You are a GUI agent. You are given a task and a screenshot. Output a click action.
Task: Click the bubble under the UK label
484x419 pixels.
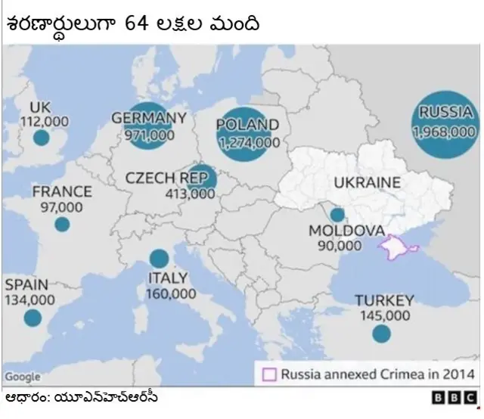(42, 138)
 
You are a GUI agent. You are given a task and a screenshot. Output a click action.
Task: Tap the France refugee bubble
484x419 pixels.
(62, 225)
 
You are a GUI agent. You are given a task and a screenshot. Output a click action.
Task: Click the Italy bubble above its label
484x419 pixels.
(159, 259)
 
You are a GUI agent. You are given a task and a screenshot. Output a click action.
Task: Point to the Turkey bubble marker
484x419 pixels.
(382, 334)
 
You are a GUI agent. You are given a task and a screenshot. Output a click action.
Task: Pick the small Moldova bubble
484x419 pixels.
(337, 215)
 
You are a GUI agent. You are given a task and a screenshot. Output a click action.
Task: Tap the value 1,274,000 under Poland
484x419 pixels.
(247, 141)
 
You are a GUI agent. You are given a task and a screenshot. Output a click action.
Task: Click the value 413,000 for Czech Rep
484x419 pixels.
(190, 194)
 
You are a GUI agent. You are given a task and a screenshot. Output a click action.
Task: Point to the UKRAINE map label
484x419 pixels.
(367, 182)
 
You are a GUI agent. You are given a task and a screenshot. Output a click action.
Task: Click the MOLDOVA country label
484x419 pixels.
(347, 231)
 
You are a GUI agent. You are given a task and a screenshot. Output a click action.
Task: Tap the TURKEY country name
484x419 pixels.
(384, 300)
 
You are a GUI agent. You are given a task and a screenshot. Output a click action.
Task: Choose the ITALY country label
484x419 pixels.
(167, 278)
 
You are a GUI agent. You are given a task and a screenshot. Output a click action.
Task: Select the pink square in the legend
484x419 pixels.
(268, 374)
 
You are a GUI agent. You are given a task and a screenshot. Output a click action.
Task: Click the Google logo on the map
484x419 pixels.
(22, 377)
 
